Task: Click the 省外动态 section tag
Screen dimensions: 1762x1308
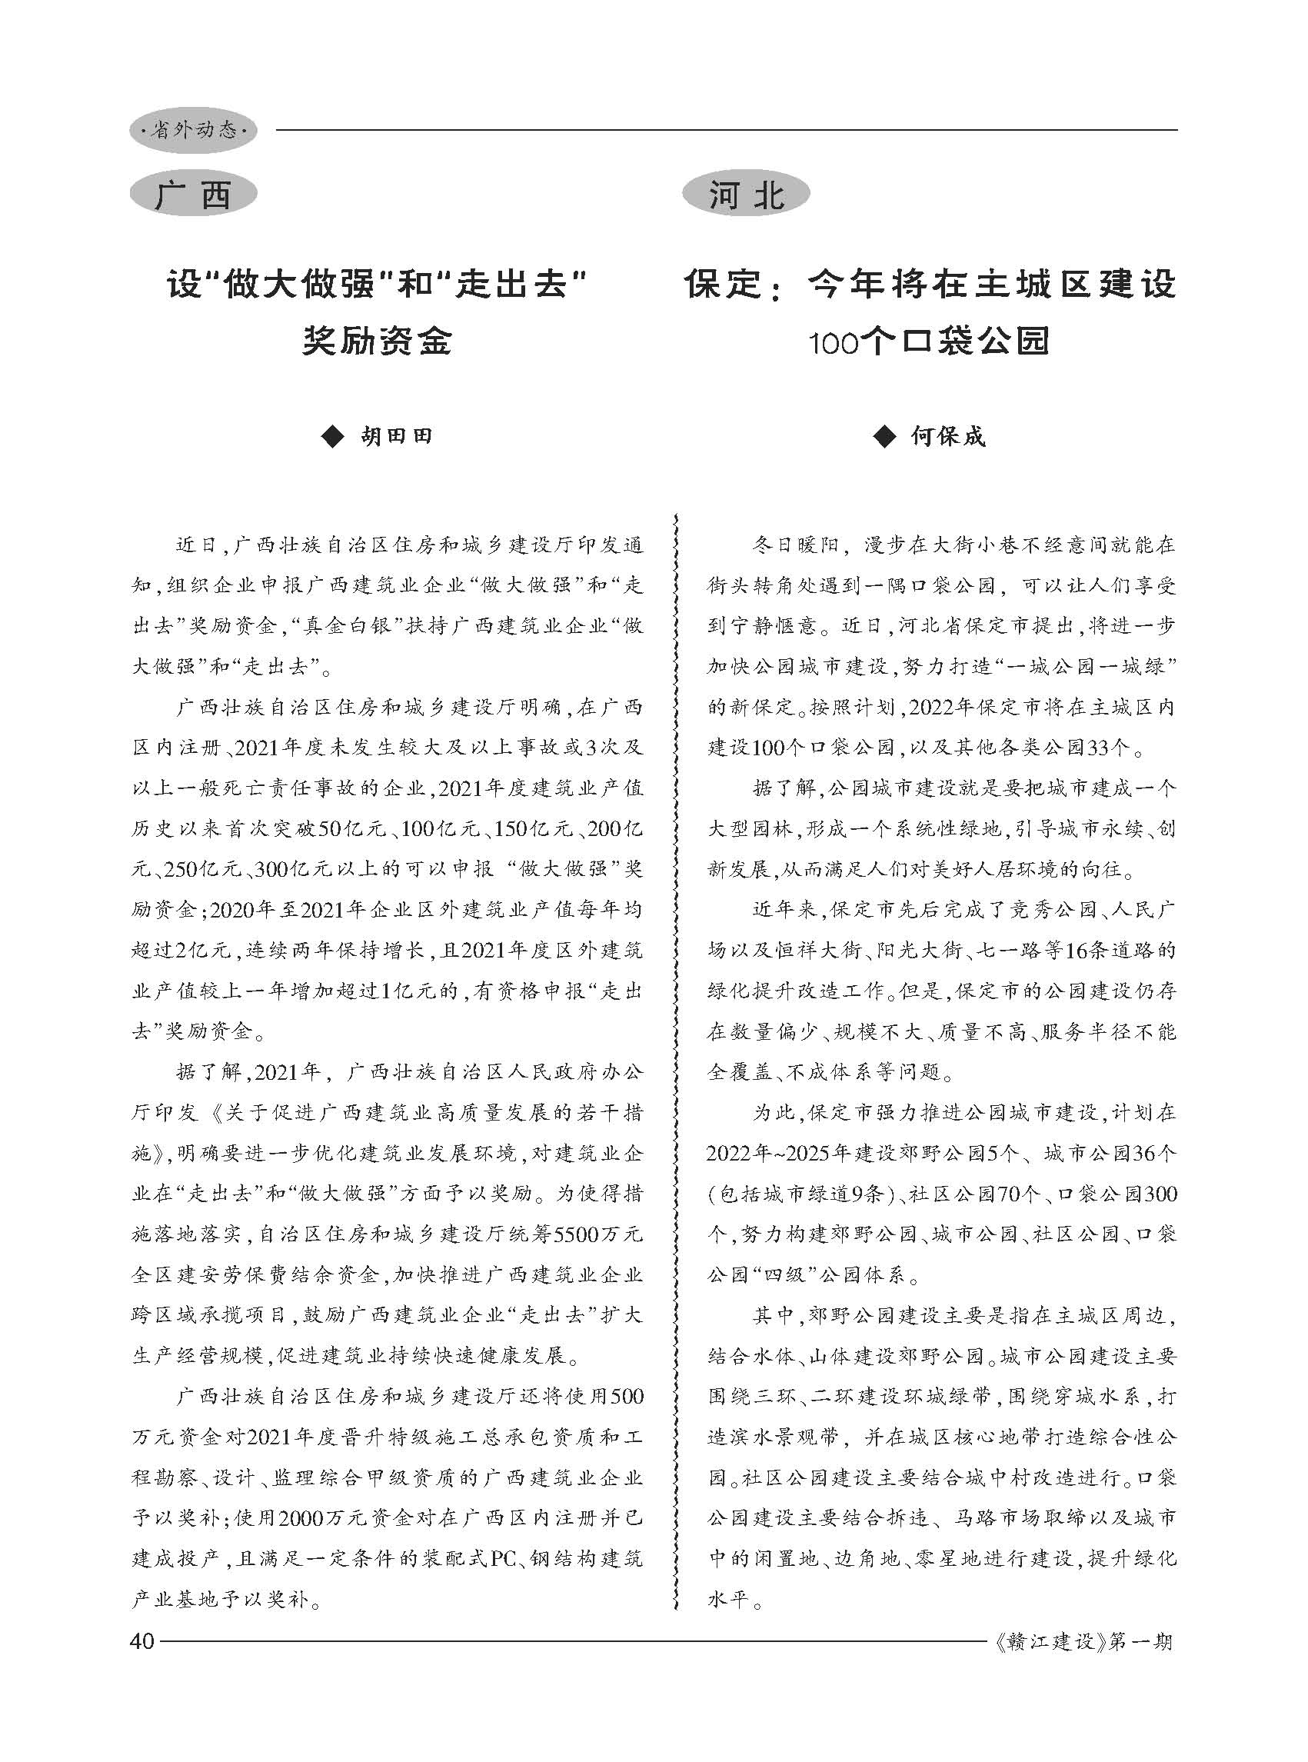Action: (x=193, y=130)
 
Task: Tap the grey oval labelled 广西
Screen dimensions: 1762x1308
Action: (x=193, y=195)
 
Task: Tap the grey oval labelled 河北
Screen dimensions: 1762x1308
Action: (x=746, y=195)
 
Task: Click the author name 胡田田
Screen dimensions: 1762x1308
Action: (x=397, y=436)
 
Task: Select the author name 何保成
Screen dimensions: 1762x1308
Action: (x=948, y=436)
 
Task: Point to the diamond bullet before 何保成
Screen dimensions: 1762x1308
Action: (x=884, y=436)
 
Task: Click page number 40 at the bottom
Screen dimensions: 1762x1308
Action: (x=142, y=1640)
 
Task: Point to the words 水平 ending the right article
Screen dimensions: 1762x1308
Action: (x=727, y=1599)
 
